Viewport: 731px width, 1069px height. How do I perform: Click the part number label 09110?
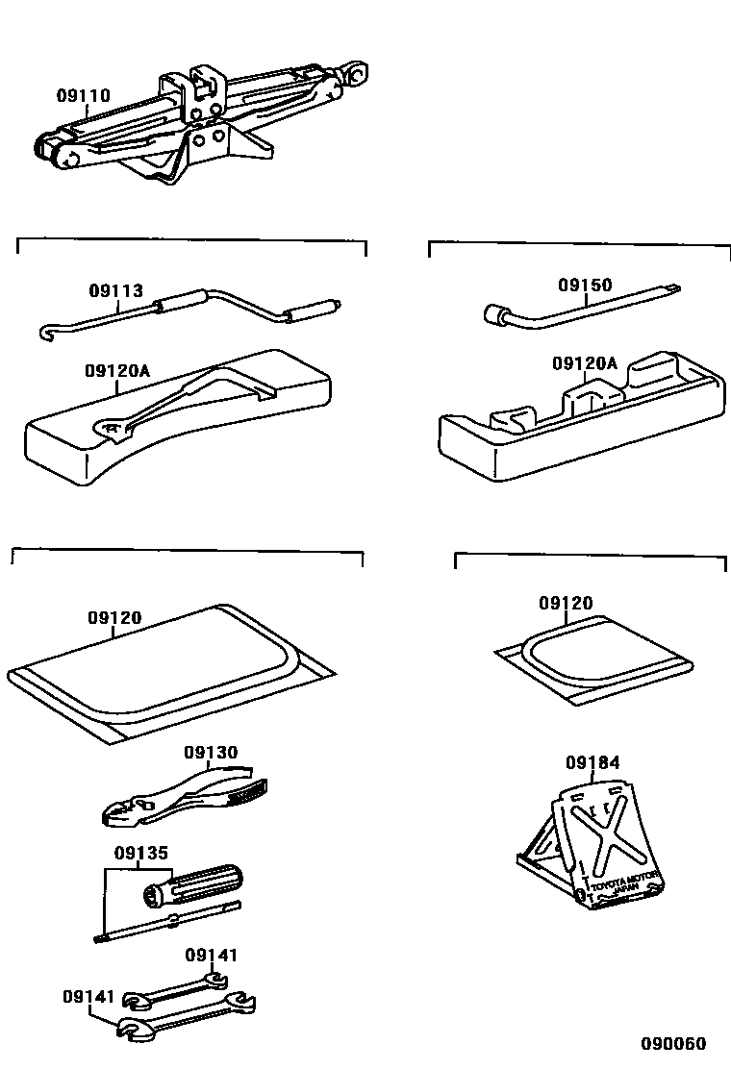pos(83,96)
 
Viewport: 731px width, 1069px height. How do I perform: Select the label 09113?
pos(116,290)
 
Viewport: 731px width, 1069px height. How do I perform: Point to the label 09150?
pos(585,285)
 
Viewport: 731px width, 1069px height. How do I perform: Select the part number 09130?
pos(211,752)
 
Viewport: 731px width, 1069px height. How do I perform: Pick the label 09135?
pos(140,852)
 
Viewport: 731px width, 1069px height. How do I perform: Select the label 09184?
pos(592,763)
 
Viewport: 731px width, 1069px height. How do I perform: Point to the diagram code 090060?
pos(674,1044)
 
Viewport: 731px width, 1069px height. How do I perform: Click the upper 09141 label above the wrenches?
pos(211,955)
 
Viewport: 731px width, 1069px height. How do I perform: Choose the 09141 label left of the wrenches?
pos(90,997)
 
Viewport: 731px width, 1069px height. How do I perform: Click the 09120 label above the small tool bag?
pos(566,603)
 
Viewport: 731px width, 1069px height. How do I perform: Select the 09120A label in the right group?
pos(585,363)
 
